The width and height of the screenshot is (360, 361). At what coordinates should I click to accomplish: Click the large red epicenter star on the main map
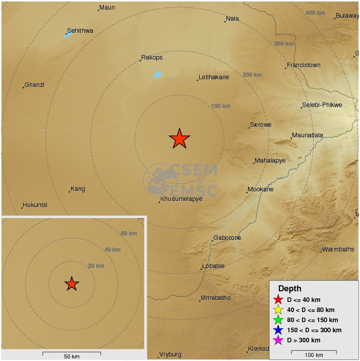point(179,138)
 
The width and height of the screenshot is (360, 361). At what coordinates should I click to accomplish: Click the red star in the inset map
point(72,284)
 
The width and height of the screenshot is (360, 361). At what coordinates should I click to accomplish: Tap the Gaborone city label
point(227,238)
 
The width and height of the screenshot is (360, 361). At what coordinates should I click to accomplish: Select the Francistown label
point(303,65)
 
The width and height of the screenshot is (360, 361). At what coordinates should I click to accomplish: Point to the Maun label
point(107,8)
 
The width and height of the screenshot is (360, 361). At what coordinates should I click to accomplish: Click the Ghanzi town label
point(34,85)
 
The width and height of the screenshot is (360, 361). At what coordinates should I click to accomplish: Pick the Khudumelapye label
point(181,199)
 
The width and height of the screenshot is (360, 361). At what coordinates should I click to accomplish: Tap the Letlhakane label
point(214,77)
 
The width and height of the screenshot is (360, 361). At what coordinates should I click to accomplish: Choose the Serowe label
point(261,125)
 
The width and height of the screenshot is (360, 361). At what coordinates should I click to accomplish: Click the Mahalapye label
point(270,161)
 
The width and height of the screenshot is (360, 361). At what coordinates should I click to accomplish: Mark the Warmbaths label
point(338,249)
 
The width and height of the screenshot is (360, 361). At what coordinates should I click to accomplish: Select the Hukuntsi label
point(35,205)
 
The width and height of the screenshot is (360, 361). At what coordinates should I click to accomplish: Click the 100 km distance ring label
point(220,106)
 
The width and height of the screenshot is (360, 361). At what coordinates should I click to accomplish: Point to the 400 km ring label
point(315,13)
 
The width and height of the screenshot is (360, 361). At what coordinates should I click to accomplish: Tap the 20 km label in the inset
point(96,266)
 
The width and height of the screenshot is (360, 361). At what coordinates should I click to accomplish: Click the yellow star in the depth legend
point(277,310)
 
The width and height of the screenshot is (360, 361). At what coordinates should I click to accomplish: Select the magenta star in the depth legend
point(277,340)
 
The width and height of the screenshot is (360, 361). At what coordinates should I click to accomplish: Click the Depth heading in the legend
point(289,289)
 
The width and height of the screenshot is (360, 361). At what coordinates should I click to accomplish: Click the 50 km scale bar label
point(72,356)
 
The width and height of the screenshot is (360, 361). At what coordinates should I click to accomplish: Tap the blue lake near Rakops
point(157,75)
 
